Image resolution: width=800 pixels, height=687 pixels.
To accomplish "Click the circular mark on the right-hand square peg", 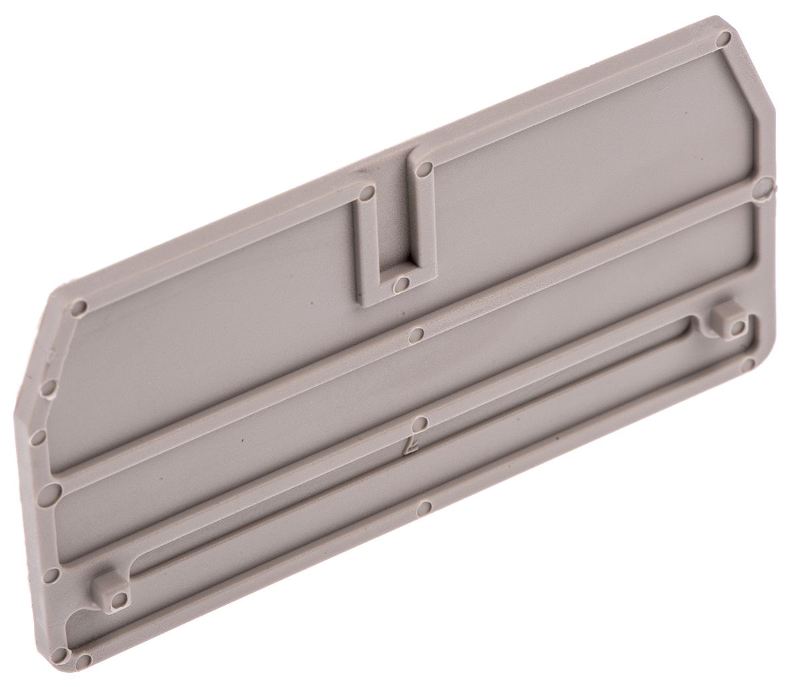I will click(737, 327).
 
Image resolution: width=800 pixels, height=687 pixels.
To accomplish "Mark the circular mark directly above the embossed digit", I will click(418, 422).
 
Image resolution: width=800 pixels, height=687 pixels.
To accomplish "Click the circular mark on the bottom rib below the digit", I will click(421, 508).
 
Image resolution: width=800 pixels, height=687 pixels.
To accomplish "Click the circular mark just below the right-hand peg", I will click(747, 364).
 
